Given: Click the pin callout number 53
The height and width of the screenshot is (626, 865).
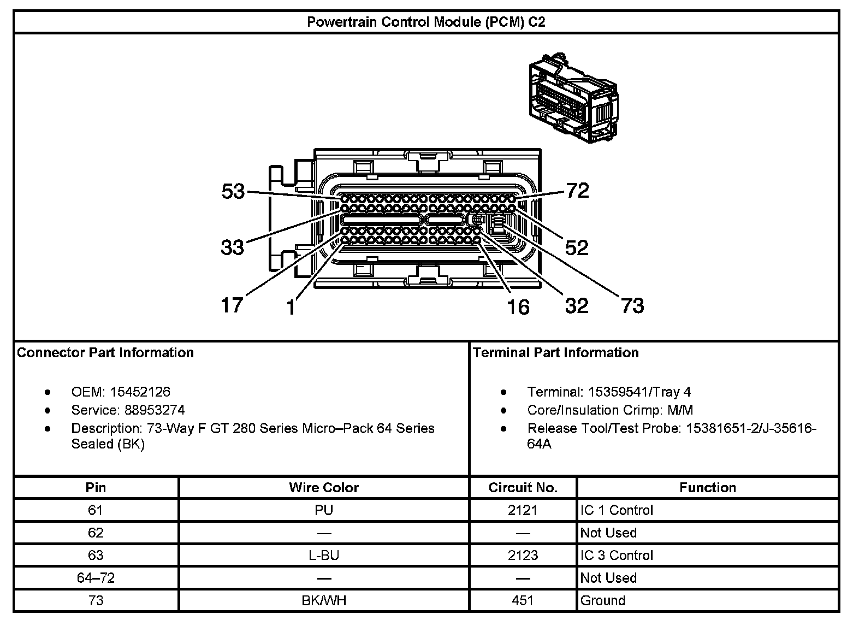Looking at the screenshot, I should tap(233, 191).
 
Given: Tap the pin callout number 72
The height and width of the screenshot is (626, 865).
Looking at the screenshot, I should tap(577, 191).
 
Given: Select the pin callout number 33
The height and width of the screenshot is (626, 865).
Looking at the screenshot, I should tap(232, 247).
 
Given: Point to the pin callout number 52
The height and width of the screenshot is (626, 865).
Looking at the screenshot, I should tap(577, 248).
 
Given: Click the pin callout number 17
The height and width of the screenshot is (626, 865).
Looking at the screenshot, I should tap(232, 305).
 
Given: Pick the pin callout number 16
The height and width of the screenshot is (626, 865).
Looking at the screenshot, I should tap(518, 307).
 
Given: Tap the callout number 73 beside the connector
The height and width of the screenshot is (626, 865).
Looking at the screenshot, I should tap(632, 305).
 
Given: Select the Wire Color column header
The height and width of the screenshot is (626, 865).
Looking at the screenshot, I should tap(324, 487).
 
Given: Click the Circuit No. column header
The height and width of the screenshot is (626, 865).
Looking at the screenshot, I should tap(523, 487).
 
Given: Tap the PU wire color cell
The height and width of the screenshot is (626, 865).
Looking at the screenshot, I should tap(324, 510).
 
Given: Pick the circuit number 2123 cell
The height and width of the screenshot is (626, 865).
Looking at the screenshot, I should tap(523, 556).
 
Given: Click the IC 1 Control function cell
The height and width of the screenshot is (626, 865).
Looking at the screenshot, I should tap(617, 510).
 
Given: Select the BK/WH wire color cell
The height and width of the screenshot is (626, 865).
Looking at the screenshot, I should tap(324, 600).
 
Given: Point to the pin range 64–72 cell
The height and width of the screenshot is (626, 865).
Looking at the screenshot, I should tap(96, 578).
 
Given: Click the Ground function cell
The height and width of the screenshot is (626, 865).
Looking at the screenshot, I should tap(602, 600).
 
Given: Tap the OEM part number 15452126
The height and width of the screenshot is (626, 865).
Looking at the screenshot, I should tap(140, 392).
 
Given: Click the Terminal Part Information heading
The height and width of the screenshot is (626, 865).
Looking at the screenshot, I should tap(556, 352).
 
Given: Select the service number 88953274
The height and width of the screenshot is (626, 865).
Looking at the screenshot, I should tap(155, 410).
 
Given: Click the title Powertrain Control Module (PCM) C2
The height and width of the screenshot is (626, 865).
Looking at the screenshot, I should tap(426, 22).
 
